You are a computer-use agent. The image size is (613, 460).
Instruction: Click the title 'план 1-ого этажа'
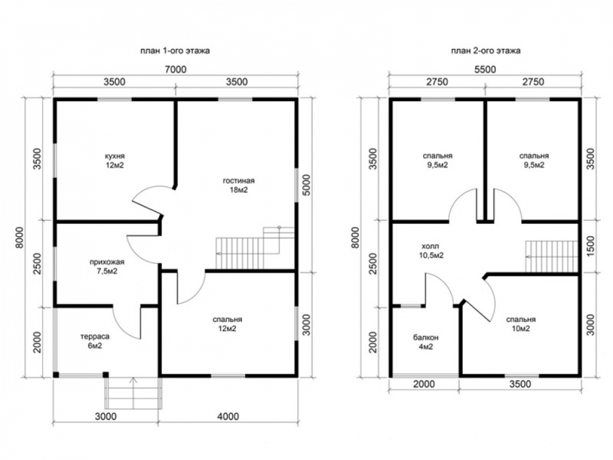pyautogui.click(x=175, y=51)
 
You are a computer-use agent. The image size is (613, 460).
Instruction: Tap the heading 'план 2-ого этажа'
pyautogui.click(x=485, y=51)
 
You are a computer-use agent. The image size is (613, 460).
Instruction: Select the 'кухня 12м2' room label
pyautogui.click(x=114, y=160)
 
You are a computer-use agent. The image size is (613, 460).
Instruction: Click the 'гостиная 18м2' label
pyautogui.click(x=238, y=185)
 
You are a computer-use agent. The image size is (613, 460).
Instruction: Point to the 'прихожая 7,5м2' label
pyautogui.click(x=107, y=266)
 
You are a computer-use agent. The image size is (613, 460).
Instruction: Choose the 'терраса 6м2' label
pyautogui.click(x=94, y=341)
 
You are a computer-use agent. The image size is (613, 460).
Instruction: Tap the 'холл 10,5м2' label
pyautogui.click(x=432, y=251)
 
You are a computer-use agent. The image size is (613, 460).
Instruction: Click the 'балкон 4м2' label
pyautogui.click(x=425, y=342)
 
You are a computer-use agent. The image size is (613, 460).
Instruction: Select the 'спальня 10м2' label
pyautogui.click(x=520, y=324)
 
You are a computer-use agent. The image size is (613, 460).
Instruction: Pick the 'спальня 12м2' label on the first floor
pyautogui.click(x=227, y=324)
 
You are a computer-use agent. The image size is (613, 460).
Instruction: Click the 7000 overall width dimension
pyautogui.click(x=175, y=69)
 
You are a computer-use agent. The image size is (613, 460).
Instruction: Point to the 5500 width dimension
pyautogui.click(x=485, y=69)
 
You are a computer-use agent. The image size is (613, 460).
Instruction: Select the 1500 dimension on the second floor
pyautogui.click(x=590, y=246)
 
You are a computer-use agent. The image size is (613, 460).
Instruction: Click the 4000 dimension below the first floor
pyautogui.click(x=228, y=416)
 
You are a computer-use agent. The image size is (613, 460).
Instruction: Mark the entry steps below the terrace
pyautogui.click(x=133, y=393)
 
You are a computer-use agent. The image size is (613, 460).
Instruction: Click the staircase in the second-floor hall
pyautogui.click(x=551, y=256)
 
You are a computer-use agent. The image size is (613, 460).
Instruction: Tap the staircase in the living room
pyautogui.click(x=255, y=248)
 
